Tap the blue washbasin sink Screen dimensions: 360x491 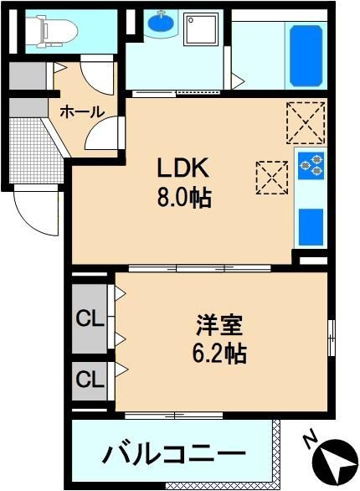[x=161, y=21]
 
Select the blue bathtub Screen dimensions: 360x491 [x=306, y=56]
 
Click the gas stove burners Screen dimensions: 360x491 [x=311, y=166]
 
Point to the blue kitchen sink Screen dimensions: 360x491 [x=311, y=227]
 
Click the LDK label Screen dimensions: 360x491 [x=183, y=168]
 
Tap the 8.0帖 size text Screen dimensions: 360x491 [x=184, y=198]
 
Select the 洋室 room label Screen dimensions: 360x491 [x=219, y=325]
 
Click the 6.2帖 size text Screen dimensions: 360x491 [x=219, y=354]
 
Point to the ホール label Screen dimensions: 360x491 [x=82, y=111]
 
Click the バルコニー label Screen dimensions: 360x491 [x=174, y=455]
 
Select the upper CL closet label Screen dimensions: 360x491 [x=90, y=319]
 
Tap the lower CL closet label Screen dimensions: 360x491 [x=90, y=380]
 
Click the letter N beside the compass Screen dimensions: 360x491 [x=311, y=442]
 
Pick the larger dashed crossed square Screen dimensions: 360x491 [x=306, y=122]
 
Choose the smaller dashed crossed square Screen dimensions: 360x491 [x=272, y=178]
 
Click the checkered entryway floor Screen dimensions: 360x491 [x=35, y=151]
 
